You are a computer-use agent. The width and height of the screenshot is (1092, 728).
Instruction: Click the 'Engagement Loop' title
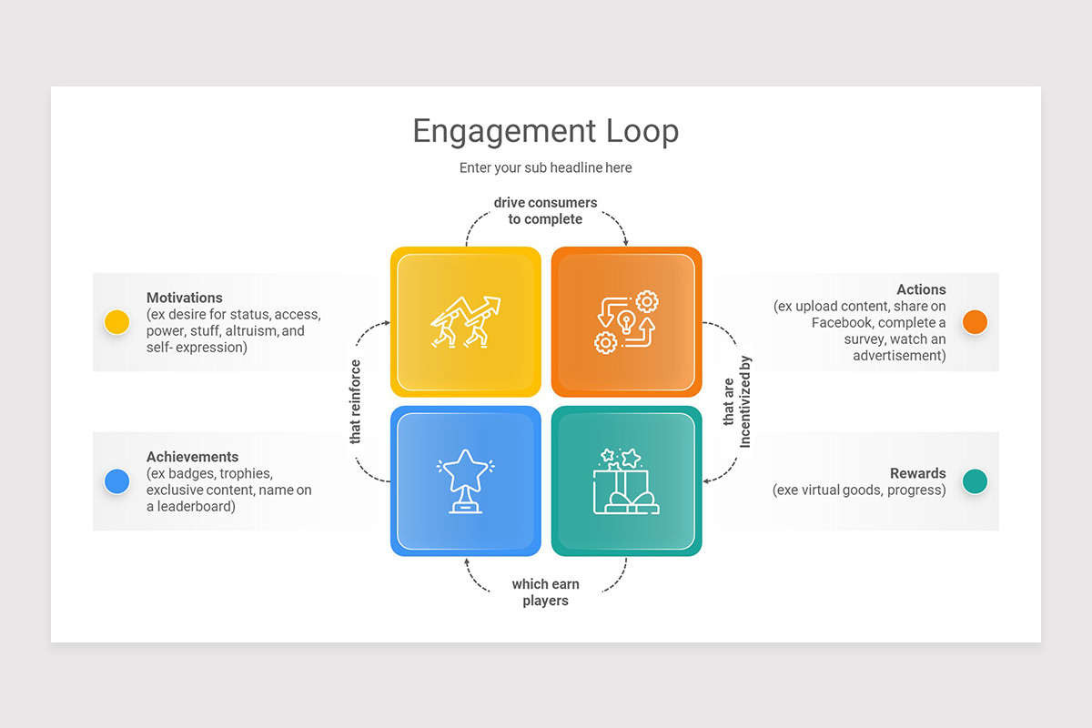(x=545, y=131)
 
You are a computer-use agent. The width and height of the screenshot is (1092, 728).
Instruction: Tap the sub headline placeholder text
(x=545, y=167)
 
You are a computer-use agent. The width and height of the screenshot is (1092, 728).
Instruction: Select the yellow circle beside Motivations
(x=116, y=322)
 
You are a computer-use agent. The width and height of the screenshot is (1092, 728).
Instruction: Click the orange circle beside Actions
(x=975, y=322)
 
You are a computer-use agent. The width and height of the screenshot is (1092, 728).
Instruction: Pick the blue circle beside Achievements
(x=116, y=481)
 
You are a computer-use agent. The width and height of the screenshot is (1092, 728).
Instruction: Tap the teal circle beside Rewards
(x=975, y=481)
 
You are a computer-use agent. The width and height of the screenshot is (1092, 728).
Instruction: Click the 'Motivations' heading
(x=185, y=298)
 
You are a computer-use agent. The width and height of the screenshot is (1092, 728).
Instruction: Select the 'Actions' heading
(x=921, y=290)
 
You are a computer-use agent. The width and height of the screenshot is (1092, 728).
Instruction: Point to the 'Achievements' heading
(x=192, y=457)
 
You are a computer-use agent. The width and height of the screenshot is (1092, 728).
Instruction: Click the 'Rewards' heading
(x=917, y=473)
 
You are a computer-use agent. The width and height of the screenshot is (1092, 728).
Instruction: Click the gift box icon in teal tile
(x=626, y=482)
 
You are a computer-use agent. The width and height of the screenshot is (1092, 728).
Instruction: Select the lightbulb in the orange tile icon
(x=626, y=320)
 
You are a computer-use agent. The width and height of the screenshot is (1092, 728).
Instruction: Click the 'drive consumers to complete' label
(x=545, y=210)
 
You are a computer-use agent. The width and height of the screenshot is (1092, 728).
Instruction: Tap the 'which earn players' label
(x=545, y=592)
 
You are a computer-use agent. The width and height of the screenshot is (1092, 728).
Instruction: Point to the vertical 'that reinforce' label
(x=356, y=401)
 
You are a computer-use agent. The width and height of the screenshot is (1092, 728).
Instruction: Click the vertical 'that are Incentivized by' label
(x=736, y=401)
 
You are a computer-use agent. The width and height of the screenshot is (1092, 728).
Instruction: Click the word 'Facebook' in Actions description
(x=844, y=323)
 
